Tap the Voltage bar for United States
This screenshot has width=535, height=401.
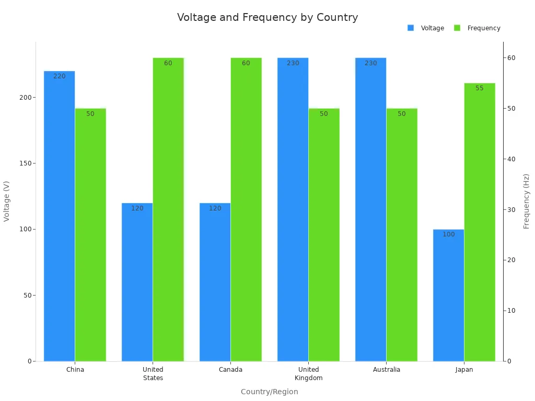pos(137,282)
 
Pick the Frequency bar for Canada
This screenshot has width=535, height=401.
pos(246,209)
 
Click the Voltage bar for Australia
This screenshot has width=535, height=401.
pos(370,209)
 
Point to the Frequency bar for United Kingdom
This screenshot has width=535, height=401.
pos(324,235)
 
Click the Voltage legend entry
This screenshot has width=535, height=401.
pos(426,28)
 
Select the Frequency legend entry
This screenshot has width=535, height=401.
pos(478,28)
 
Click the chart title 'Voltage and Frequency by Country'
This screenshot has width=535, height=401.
pos(267,17)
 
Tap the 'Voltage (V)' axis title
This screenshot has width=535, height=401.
pos(7,201)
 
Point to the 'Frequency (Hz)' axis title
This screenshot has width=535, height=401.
pos(526,201)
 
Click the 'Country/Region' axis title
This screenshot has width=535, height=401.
pos(270,392)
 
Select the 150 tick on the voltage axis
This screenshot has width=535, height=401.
pos(24,163)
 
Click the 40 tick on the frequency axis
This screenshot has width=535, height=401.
pos(511,159)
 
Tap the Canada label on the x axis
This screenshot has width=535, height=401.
pos(230,370)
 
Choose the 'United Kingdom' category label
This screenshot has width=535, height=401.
pos(308,374)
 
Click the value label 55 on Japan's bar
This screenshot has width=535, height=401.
pos(480,88)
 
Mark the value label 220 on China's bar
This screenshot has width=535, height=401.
pos(60,76)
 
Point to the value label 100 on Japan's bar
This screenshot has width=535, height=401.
pos(449,234)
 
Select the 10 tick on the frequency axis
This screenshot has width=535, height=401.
pos(511,311)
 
